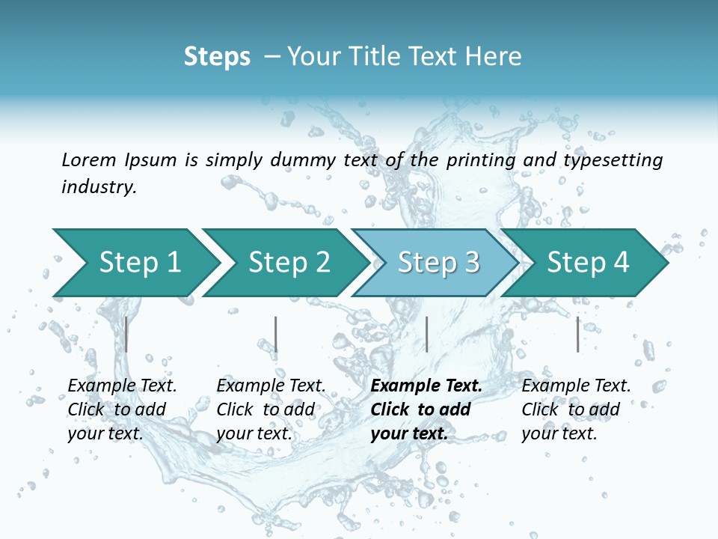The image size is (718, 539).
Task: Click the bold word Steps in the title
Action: click(x=217, y=57)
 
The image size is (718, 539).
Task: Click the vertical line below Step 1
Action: click(x=126, y=334)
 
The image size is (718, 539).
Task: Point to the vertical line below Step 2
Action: click(x=276, y=334)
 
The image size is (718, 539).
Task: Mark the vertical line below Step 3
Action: click(x=426, y=334)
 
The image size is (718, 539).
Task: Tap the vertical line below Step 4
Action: click(x=578, y=334)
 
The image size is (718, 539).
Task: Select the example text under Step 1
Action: click(x=122, y=409)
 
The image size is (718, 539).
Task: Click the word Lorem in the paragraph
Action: click(x=88, y=159)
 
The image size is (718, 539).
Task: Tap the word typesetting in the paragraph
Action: click(x=613, y=160)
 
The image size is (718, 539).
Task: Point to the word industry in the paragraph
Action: click(x=99, y=187)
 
